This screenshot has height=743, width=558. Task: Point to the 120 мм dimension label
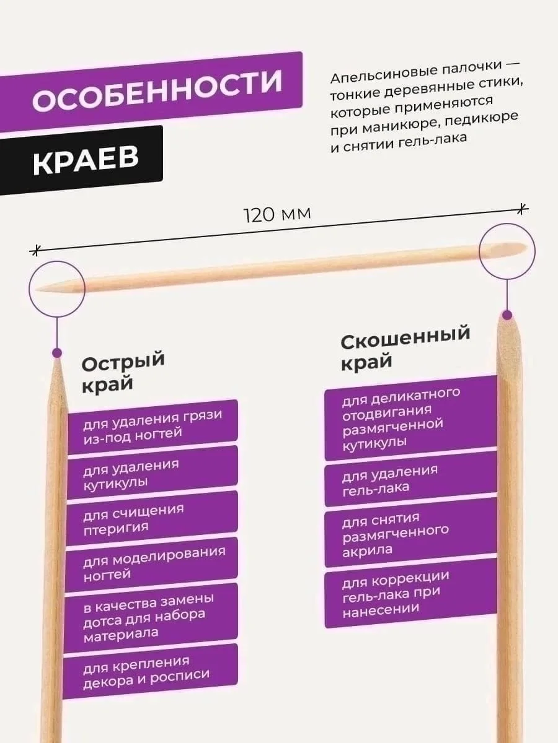pos(277,214)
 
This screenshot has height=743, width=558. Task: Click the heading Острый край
pos(123,372)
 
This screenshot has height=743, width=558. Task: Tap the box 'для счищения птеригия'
pos(151,518)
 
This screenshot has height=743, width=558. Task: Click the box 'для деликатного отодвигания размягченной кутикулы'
pos(410,418)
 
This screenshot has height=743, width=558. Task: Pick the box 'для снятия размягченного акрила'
pos(410,533)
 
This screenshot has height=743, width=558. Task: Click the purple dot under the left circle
pos(57,353)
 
